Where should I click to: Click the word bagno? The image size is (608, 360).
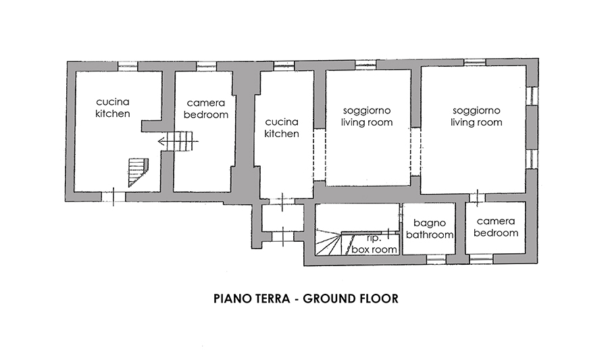(x=429, y=223)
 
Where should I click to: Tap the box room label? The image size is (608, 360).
(x=374, y=249)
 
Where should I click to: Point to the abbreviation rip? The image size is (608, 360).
(x=374, y=238)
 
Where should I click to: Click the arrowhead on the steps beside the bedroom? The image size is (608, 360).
(x=160, y=141)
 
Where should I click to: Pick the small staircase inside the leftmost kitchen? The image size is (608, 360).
(x=138, y=172)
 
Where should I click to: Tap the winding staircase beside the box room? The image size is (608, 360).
(x=328, y=242)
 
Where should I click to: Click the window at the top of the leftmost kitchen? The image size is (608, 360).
(x=128, y=66)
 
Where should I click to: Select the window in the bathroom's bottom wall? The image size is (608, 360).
(x=436, y=259)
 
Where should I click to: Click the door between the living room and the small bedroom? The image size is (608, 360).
(x=478, y=197)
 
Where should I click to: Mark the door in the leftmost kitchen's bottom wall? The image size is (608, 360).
(x=113, y=197)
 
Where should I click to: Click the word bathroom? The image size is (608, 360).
(x=430, y=235)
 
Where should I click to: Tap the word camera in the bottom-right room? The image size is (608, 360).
(x=496, y=222)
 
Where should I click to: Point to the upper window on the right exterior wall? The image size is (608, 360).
(x=533, y=96)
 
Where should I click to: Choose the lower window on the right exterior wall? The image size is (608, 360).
(x=533, y=159)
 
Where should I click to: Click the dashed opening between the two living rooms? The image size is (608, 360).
(x=415, y=152)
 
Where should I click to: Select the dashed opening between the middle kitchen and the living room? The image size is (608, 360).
(x=319, y=154)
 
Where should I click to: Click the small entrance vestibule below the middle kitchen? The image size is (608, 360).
(x=282, y=217)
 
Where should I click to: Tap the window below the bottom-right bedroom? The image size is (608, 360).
(x=481, y=259)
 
